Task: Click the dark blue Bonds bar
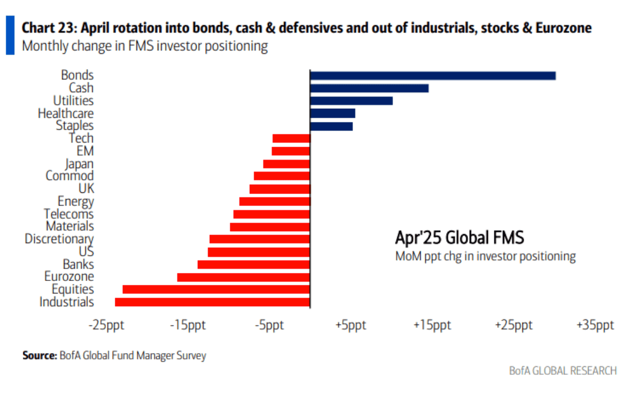tap(433, 76)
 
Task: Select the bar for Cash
tap(369, 88)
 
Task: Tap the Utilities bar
tap(351, 101)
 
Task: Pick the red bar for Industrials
tap(212, 302)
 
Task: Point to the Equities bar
tap(216, 290)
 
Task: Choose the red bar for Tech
tap(291, 138)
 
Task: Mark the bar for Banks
tap(253, 264)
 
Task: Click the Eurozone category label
tap(69, 277)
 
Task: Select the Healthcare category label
tap(66, 113)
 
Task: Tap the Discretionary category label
tap(59, 239)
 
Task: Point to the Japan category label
tap(79, 164)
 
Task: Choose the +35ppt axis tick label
tap(595, 326)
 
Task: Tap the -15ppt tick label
tap(188, 326)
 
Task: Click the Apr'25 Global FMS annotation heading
tap(460, 237)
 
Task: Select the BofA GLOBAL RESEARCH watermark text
tap(563, 371)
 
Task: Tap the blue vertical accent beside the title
tap(10, 35)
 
